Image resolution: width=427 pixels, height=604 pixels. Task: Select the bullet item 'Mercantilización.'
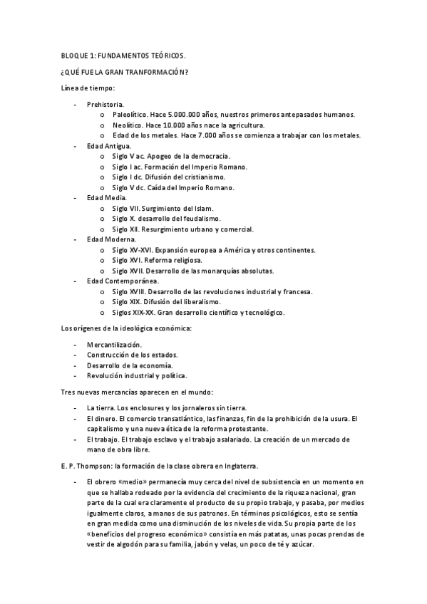point(114,344)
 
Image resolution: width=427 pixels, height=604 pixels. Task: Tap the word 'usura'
point(337,418)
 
